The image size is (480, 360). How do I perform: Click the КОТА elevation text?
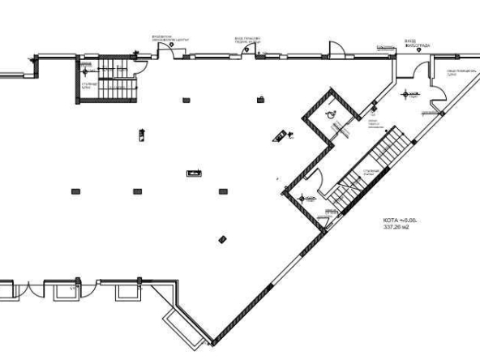398,221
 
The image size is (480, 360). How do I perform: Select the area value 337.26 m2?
396,227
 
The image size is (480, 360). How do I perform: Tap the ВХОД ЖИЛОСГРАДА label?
418,42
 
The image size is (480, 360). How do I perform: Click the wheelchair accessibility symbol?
331,115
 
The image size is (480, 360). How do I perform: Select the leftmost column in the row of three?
75,191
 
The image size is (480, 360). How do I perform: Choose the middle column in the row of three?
137,191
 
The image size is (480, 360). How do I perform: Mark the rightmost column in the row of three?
222,191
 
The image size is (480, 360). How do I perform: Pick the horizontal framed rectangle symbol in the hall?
195,172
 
